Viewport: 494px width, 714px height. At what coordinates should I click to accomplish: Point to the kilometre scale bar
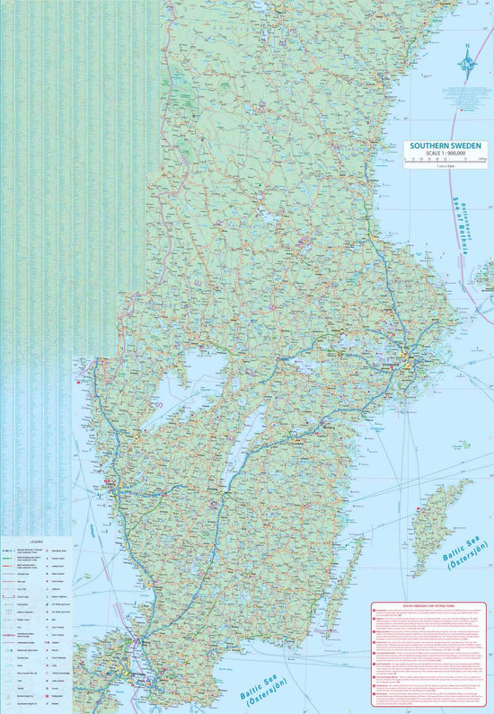pos(445,160)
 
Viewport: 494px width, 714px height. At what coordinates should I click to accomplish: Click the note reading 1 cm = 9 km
pos(445,167)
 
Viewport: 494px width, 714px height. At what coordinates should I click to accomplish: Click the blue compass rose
pos(467,64)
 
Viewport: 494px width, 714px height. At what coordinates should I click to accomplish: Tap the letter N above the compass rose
pos(467,47)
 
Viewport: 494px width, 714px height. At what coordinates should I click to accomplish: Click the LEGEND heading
pos(36,542)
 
